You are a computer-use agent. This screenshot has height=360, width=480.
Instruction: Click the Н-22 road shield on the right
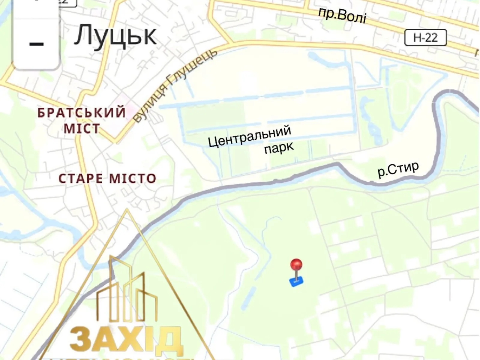(425, 38)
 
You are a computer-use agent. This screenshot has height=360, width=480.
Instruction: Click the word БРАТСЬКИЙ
(82, 112)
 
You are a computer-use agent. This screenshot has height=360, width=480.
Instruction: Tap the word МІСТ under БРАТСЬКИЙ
(82, 129)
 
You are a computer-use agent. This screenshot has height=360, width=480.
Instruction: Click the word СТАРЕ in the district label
(80, 179)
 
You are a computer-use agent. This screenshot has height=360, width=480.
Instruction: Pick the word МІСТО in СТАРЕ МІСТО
(132, 179)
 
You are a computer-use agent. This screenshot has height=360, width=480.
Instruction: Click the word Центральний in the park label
(249, 136)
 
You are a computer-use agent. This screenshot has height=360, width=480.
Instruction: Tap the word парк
(279, 148)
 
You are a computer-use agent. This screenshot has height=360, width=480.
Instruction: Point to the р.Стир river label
(398, 169)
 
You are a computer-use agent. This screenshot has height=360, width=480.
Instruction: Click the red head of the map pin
(296, 265)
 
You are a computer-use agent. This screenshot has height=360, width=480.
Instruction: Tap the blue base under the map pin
(296, 282)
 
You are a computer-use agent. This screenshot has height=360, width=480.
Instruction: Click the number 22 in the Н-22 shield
(431, 38)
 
